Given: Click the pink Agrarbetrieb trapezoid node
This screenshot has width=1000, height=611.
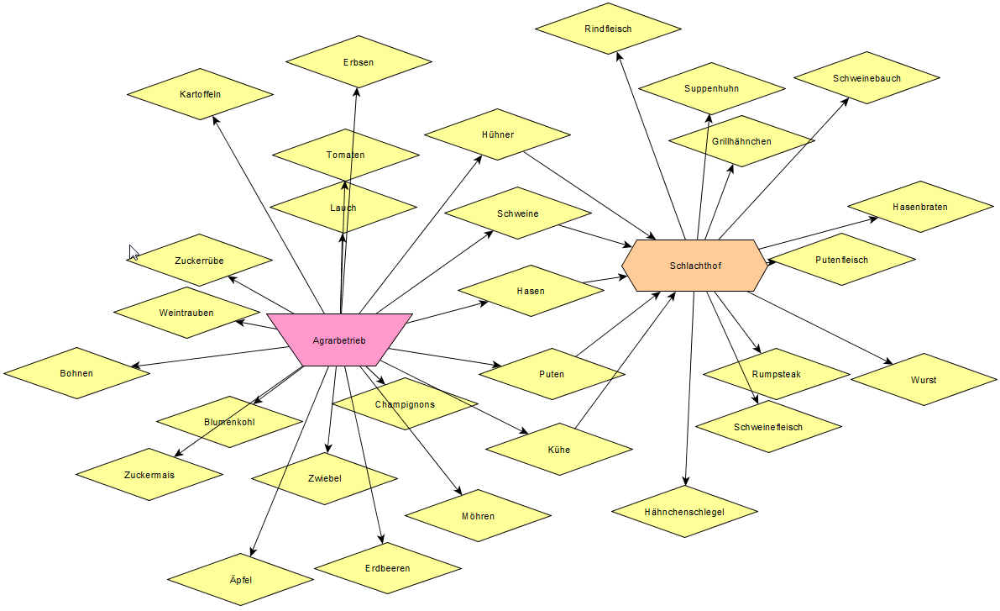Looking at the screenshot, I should (x=339, y=340).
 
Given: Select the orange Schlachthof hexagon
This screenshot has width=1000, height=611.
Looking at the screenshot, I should (x=694, y=266).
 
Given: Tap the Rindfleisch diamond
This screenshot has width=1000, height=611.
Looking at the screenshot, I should (x=608, y=29).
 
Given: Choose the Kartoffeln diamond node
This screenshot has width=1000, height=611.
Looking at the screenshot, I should (x=200, y=94).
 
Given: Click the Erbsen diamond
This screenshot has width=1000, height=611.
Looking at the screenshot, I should (x=359, y=62).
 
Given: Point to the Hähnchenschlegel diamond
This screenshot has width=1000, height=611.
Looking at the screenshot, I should (x=684, y=511).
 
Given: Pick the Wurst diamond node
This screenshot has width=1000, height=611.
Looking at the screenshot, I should (x=923, y=380).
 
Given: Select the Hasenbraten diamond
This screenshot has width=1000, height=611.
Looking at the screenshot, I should (x=920, y=207).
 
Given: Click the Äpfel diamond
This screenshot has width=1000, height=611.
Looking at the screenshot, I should (x=240, y=580).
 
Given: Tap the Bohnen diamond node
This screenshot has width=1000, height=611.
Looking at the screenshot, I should (x=76, y=373).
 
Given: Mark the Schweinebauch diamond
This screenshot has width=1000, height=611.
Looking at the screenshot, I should (x=866, y=78).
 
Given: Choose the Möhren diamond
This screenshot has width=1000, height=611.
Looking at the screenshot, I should (x=478, y=516).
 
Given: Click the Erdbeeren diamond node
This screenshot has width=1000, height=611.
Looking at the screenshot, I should (x=388, y=568).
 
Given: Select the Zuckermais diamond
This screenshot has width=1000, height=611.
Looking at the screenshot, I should (x=149, y=475).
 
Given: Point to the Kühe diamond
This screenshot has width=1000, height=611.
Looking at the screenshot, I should (x=558, y=450).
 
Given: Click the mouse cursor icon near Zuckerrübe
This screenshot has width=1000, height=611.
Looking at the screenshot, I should (x=134, y=252).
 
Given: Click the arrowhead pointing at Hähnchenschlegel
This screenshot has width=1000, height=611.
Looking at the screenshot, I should (x=686, y=482).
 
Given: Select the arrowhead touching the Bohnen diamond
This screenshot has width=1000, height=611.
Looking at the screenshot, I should (x=134, y=366).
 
